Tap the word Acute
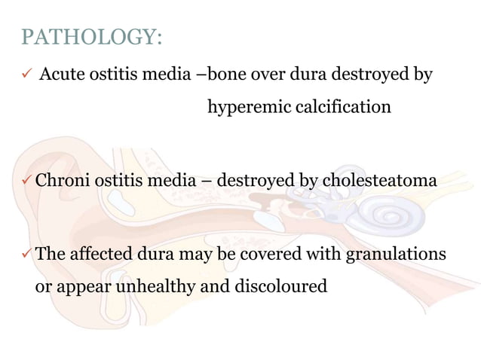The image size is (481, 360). coord(60,75)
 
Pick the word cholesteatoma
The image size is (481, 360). coord(379,181)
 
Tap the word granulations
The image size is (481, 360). coord(395,254)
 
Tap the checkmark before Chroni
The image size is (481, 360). coord(27,181)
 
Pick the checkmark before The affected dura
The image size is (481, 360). coord(27,254)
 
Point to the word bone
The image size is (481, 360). coord(225,75)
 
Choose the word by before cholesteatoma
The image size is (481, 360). coord(310,181)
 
